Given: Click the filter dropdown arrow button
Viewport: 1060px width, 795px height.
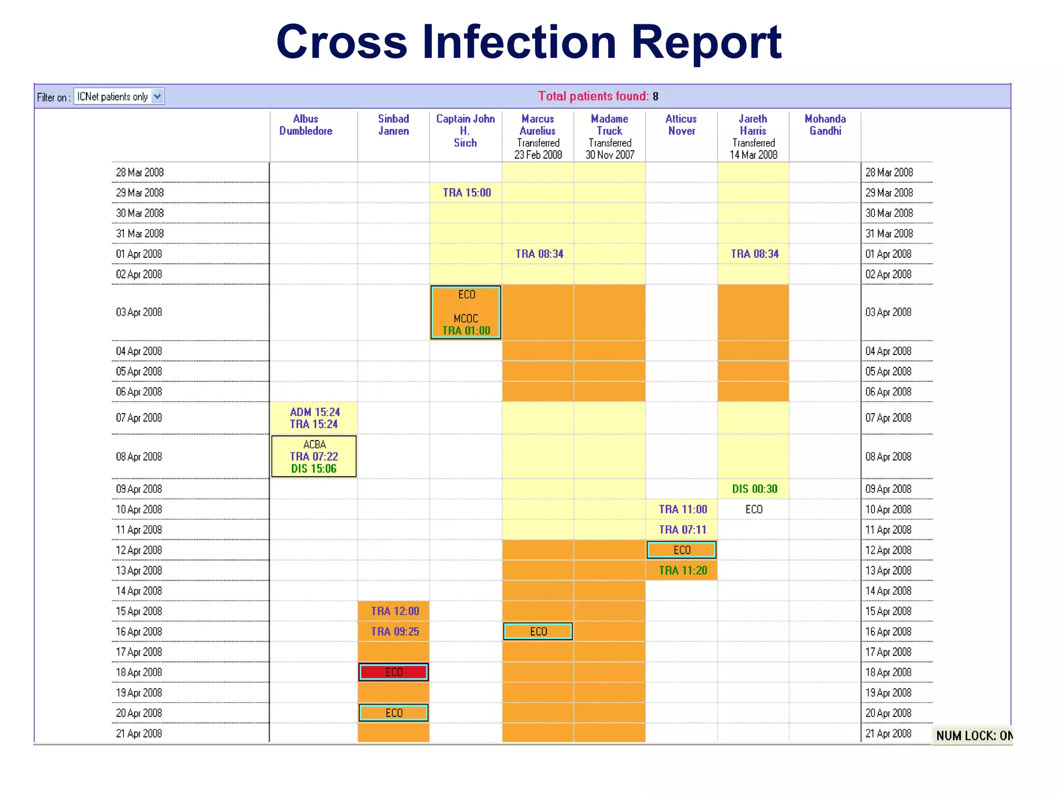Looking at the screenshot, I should pos(157,96).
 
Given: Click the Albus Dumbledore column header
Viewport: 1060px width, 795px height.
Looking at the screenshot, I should pos(305,125).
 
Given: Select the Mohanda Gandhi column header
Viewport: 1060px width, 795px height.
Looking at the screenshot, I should pos(825,125).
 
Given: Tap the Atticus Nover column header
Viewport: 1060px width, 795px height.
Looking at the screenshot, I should pos(681,125).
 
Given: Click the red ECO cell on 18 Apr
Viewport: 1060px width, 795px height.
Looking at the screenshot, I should pos(394,672).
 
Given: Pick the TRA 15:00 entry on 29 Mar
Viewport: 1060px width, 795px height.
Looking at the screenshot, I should pos(467,193).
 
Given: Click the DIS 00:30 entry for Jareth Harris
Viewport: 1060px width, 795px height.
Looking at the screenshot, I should pos(754,489).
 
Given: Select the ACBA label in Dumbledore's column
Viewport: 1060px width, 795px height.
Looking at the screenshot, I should pos(314,445).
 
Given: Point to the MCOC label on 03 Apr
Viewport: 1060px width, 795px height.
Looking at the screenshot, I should pos(466,318).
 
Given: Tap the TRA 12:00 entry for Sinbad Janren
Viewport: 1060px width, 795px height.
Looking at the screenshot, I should pos(395,611).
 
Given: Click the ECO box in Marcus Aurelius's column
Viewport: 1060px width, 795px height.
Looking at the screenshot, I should pos(538,631).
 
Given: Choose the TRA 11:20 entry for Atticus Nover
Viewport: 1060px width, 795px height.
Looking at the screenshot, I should pos(683,570).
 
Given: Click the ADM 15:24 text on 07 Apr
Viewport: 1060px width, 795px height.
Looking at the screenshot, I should pos(315,412).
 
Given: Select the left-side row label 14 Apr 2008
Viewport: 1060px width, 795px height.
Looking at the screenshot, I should pos(139,591).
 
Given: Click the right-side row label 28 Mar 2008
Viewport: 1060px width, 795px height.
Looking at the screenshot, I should pos(889,172).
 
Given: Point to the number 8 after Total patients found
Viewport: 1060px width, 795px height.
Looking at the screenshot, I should pos(655,96).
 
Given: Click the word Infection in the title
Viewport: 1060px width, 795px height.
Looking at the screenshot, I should pos(519,42).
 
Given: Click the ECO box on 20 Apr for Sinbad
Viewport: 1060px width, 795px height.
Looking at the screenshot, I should pos(394,713).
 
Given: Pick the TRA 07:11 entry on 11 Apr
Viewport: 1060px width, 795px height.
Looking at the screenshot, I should pos(683,529).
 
